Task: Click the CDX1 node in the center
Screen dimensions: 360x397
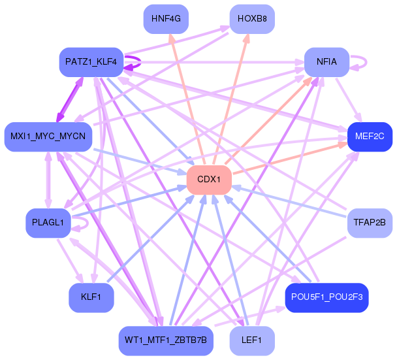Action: pyautogui.click(x=210, y=179)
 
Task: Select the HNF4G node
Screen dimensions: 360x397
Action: pyautogui.click(x=166, y=18)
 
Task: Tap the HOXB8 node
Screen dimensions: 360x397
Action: pyautogui.click(x=252, y=18)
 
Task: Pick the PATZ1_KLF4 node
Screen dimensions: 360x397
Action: pyautogui.click(x=91, y=61)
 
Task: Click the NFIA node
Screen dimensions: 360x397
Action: pyautogui.click(x=326, y=61)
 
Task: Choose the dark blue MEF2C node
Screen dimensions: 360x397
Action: pyautogui.click(x=370, y=136)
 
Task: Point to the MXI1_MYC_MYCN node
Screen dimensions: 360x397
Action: pyautogui.click(x=48, y=136)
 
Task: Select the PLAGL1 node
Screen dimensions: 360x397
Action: pyautogui.click(x=48, y=222)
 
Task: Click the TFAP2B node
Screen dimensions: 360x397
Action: pyautogui.click(x=370, y=222)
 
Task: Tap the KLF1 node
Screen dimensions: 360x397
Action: pyautogui.click(x=91, y=297)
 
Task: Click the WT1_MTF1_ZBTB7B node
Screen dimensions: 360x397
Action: pyautogui.click(x=166, y=340)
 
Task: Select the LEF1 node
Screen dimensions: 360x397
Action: pyautogui.click(x=252, y=340)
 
